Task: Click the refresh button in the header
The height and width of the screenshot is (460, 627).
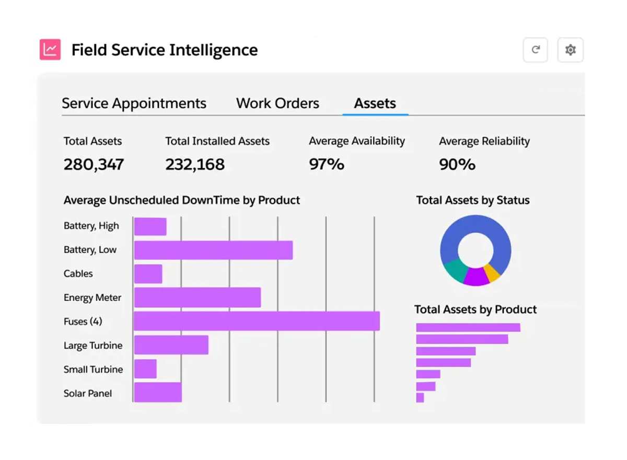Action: tap(535, 50)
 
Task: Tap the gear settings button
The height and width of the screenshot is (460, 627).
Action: tap(570, 50)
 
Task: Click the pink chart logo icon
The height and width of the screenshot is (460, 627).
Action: tap(50, 50)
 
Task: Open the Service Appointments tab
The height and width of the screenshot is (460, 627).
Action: tap(134, 103)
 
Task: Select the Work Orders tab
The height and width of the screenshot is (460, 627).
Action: tap(277, 103)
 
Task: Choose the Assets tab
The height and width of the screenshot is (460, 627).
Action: tap(375, 103)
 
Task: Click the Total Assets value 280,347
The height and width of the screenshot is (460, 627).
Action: tap(94, 164)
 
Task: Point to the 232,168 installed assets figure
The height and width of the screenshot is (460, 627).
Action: tap(195, 164)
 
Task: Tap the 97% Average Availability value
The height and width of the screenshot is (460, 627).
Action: tap(327, 164)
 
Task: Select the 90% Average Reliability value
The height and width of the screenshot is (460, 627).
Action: tap(457, 164)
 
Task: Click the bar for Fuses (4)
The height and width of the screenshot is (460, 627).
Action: tap(257, 321)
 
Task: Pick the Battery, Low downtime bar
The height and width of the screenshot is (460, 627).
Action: tap(213, 250)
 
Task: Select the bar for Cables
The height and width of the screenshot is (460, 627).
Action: tap(148, 274)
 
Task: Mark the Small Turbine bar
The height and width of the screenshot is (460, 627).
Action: tap(145, 369)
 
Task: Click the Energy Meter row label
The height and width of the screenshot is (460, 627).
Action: tap(92, 297)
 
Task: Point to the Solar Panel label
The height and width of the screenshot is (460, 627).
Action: tap(88, 393)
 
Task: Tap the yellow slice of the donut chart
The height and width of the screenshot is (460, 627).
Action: tap(492, 272)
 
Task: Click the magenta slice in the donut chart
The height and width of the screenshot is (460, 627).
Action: tap(475, 277)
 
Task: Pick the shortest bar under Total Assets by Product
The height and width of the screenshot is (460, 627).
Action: tap(420, 398)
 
